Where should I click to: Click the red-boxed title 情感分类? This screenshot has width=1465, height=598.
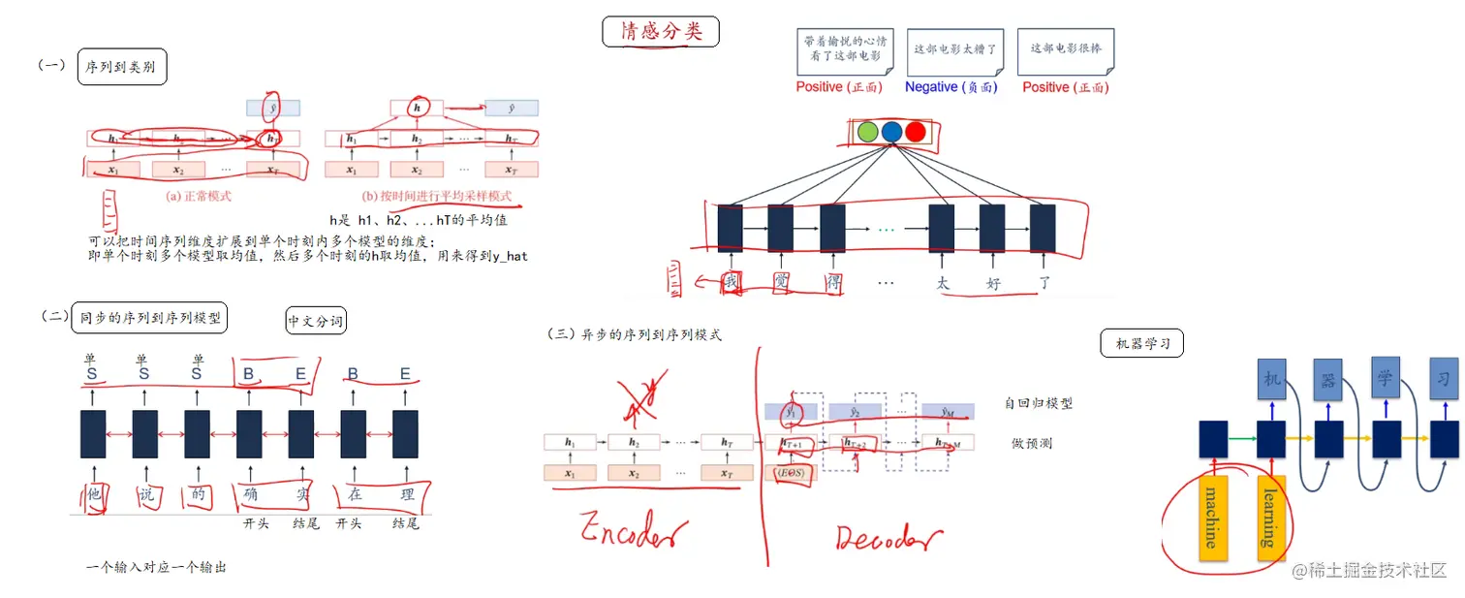click(x=662, y=31)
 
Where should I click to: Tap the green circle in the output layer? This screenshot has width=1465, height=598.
click(x=868, y=133)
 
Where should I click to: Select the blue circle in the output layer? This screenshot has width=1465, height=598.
click(x=891, y=133)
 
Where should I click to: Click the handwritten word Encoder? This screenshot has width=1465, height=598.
click(x=635, y=532)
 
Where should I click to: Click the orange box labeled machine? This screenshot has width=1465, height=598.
click(x=1212, y=518)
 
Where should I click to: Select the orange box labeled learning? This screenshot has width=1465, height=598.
click(x=1270, y=517)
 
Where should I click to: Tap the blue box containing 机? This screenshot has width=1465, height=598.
click(x=1272, y=379)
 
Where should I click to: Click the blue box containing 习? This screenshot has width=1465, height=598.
click(x=1444, y=379)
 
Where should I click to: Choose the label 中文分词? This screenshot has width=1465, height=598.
click(x=316, y=321)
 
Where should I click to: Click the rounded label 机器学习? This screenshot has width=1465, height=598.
click(x=1142, y=343)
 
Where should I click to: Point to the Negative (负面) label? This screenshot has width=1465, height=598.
click(x=951, y=87)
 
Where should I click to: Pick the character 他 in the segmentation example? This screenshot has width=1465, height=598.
click(x=94, y=493)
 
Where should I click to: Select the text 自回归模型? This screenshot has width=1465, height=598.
click(x=1039, y=403)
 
